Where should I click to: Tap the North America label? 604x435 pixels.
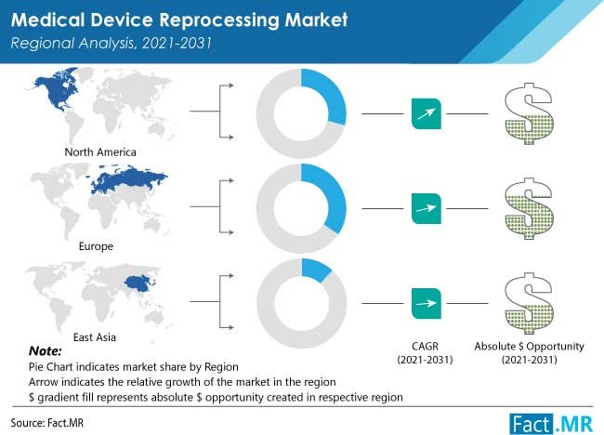pyautogui.click(x=100, y=152)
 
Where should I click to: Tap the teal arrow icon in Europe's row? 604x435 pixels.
pyautogui.click(x=426, y=205)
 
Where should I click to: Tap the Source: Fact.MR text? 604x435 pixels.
pyautogui.click(x=45, y=419)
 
